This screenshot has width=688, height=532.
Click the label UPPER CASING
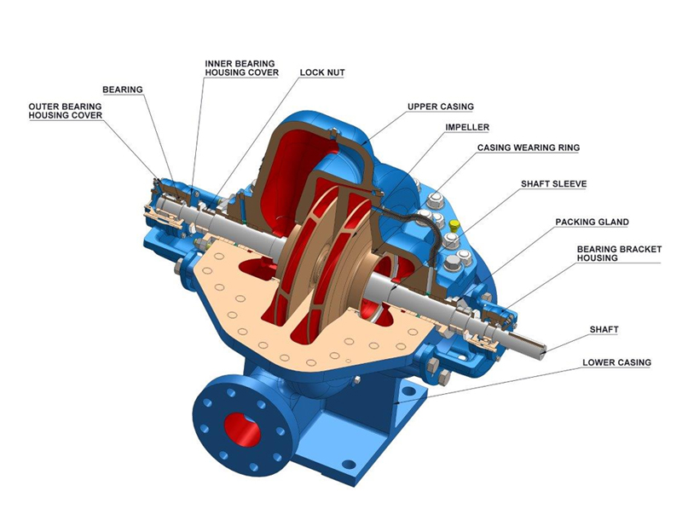click(x=440, y=107)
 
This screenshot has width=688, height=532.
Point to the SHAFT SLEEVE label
click(x=553, y=183)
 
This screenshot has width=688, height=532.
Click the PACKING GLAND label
click(x=592, y=222)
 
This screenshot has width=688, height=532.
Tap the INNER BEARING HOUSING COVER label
click(x=241, y=67)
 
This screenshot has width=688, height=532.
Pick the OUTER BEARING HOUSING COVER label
click(x=65, y=111)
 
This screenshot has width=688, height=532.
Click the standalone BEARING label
click(x=122, y=89)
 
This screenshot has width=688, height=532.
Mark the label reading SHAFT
click(x=604, y=328)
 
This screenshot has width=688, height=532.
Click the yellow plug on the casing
click(x=454, y=226)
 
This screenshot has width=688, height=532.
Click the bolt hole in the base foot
click(x=348, y=465)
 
